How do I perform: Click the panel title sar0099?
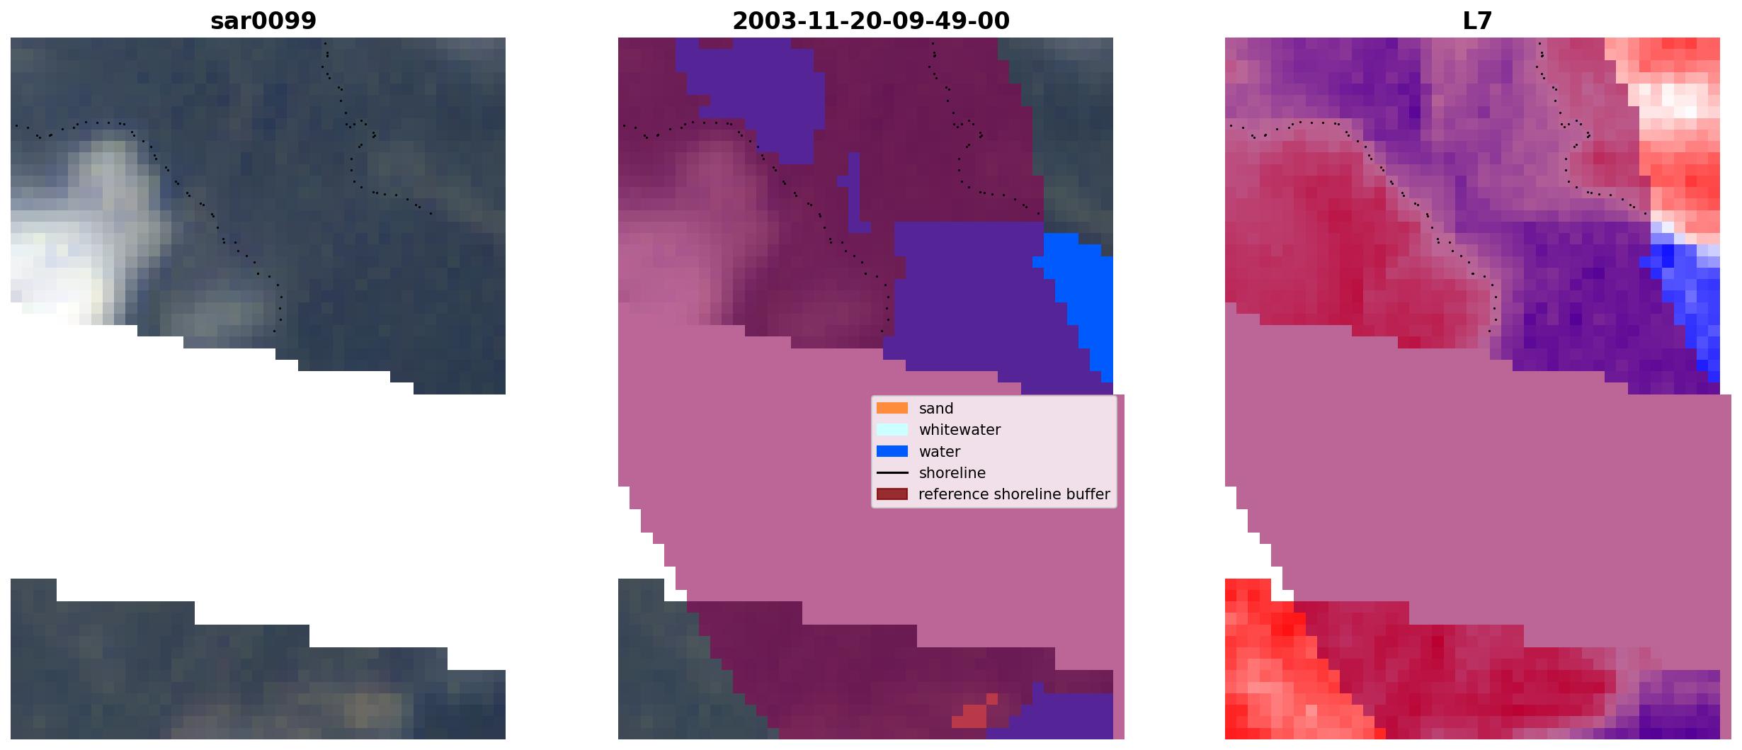pyautogui.click(x=263, y=21)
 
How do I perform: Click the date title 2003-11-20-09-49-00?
pyautogui.click(x=870, y=21)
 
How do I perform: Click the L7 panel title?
pyautogui.click(x=1477, y=21)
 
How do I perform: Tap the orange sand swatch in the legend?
pyautogui.click(x=892, y=408)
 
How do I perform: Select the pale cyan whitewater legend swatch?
pyautogui.click(x=892, y=429)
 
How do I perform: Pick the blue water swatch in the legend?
pyautogui.click(x=892, y=451)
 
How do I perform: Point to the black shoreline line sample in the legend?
pyautogui.click(x=892, y=472)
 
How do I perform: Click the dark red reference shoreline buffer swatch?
pyautogui.click(x=892, y=494)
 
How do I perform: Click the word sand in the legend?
pyautogui.click(x=936, y=409)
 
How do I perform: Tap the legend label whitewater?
pyautogui.click(x=960, y=430)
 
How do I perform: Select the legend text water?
pyautogui.click(x=940, y=452)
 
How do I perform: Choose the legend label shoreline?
pyautogui.click(x=952, y=472)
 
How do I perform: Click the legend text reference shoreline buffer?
pyautogui.click(x=1014, y=494)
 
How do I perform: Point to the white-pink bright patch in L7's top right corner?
pyautogui.click(x=1675, y=103)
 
